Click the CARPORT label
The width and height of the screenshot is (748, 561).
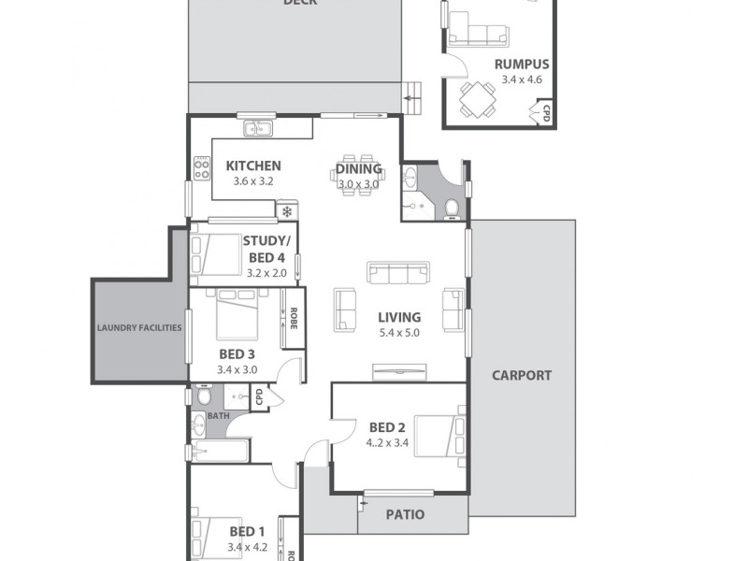(523, 376)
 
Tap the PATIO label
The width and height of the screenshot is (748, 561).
(405, 514)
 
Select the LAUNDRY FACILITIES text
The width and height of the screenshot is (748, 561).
(139, 328)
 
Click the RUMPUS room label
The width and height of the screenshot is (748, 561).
(522, 65)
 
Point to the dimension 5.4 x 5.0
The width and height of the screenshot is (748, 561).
(399, 333)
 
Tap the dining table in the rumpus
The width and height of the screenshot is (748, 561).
(478, 97)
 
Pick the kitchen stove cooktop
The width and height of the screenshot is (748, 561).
(200, 169)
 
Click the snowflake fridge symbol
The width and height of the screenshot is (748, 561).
(288, 212)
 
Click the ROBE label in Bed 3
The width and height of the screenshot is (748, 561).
(293, 320)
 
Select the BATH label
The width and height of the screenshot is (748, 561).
(218, 417)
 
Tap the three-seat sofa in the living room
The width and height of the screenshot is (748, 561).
(399, 272)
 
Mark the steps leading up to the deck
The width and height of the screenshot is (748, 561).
(412, 95)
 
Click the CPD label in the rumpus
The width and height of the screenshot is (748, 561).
(547, 113)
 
